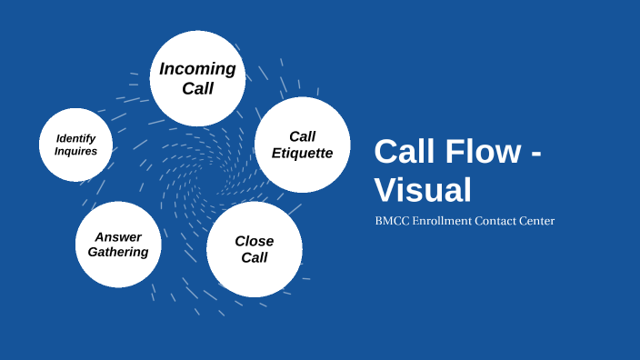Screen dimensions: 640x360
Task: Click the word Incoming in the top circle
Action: pyautogui.click(x=197, y=69)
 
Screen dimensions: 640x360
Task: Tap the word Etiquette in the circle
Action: pyautogui.click(x=303, y=153)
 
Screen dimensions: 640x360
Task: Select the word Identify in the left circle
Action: pyautogui.click(x=75, y=138)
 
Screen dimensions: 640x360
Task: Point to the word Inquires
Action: pyautogui.click(x=75, y=151)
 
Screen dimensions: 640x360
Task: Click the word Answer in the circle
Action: pyautogui.click(x=118, y=237)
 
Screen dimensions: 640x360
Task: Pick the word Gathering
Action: pyautogui.click(x=118, y=252)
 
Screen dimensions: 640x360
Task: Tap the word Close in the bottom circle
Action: pyautogui.click(x=255, y=241)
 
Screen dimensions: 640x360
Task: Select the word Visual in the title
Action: pyautogui.click(x=423, y=190)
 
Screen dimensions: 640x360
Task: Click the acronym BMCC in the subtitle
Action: pyautogui.click(x=392, y=221)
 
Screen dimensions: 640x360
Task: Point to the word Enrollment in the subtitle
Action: pyautogui.click(x=443, y=221)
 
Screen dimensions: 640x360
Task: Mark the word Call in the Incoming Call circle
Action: pyautogui.click(x=197, y=88)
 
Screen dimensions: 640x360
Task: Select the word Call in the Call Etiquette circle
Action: pyautogui.click(x=303, y=136)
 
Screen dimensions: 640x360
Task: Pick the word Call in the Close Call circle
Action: pyautogui.click(x=255, y=257)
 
